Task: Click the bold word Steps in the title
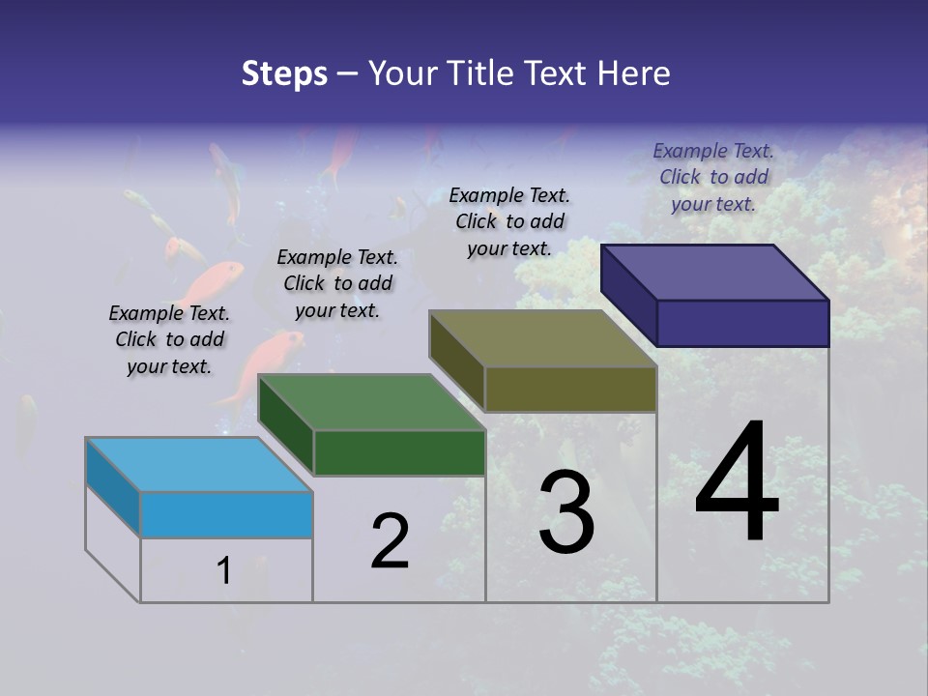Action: tap(284, 73)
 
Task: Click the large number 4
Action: tap(737, 483)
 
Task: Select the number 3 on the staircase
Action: tap(566, 512)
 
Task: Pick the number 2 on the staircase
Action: tap(391, 541)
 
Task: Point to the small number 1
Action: tap(223, 570)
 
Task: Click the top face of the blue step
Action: tap(199, 464)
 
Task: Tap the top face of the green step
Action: tap(371, 402)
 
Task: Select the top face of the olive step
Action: tap(543, 339)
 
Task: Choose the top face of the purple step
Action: tap(715, 273)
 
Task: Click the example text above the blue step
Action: tap(169, 339)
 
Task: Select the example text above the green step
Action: tap(337, 283)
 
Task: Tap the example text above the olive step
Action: tap(509, 221)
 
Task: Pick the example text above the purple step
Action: tap(713, 177)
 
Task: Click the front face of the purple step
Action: tap(742, 323)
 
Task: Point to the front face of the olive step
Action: tap(570, 390)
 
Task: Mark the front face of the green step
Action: tap(399, 452)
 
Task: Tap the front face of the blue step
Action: tap(226, 514)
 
